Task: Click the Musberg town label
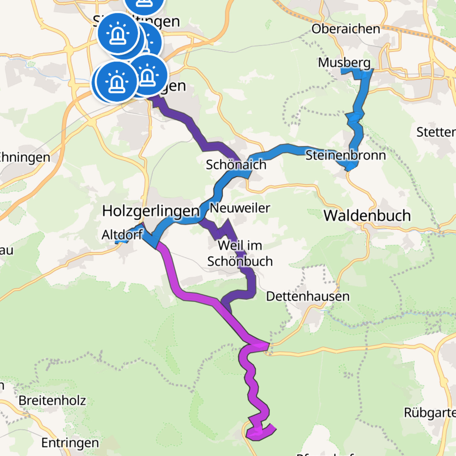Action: pos(344,63)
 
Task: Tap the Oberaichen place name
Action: pos(346,29)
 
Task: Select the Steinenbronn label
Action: pos(346,155)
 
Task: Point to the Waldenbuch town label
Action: pos(367,216)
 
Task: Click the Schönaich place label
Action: pos(236,165)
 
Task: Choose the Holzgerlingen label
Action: pos(151,211)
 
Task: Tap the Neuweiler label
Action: pos(240,208)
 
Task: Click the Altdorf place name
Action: pos(122,235)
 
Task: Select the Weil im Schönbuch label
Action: pos(240,253)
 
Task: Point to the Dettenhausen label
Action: pos(308,296)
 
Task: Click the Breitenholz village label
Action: pos(52,401)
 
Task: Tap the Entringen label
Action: pos(70,443)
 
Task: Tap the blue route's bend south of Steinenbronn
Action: pos(350,167)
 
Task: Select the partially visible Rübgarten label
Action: pos(430,413)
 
